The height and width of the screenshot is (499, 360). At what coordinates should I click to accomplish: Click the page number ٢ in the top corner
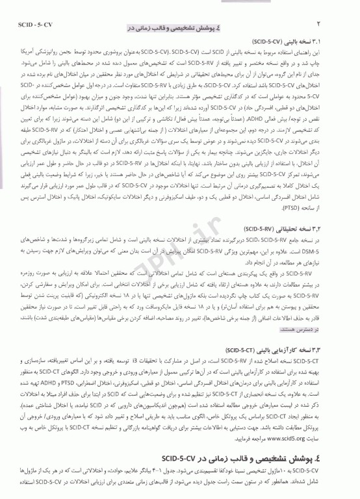(339, 8)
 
